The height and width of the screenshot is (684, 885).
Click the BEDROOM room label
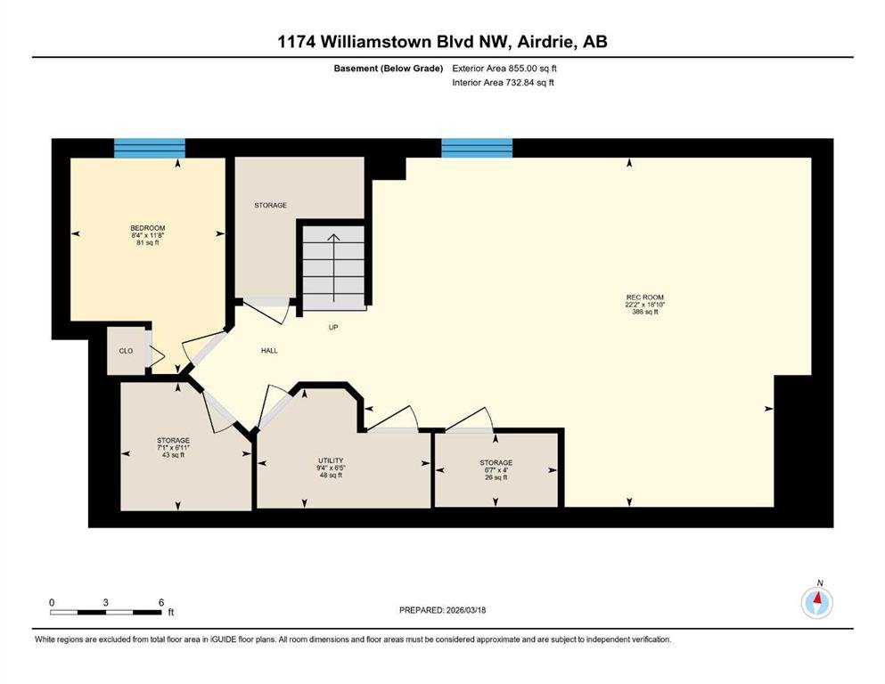(x=148, y=228)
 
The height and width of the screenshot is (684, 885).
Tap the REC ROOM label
(x=645, y=297)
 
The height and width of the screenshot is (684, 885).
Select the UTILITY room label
(x=331, y=460)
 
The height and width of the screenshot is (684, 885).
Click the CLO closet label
(x=126, y=351)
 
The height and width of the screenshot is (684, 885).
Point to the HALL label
(x=269, y=350)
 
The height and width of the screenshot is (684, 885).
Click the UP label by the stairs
(x=333, y=327)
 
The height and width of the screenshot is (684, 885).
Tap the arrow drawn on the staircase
(x=333, y=268)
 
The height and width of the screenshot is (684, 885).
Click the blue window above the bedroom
(x=150, y=148)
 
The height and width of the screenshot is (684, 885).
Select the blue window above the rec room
(x=477, y=148)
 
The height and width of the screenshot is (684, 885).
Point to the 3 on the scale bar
(x=105, y=602)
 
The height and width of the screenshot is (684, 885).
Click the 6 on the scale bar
(x=161, y=602)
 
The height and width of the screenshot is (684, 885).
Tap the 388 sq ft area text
(x=645, y=312)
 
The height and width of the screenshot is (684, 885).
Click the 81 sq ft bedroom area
(x=148, y=243)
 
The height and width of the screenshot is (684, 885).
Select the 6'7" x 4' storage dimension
(x=496, y=469)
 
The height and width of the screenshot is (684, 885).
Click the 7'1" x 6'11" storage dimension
(x=173, y=448)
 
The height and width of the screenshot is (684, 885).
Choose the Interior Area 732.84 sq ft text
(x=503, y=82)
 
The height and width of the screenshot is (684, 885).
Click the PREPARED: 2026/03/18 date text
(x=442, y=610)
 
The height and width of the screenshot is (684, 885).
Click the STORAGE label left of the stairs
(x=270, y=205)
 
